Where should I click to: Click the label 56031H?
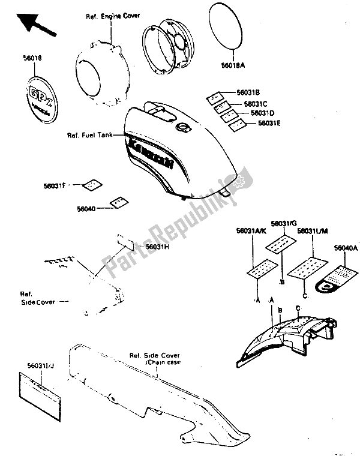[x=159, y=247]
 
